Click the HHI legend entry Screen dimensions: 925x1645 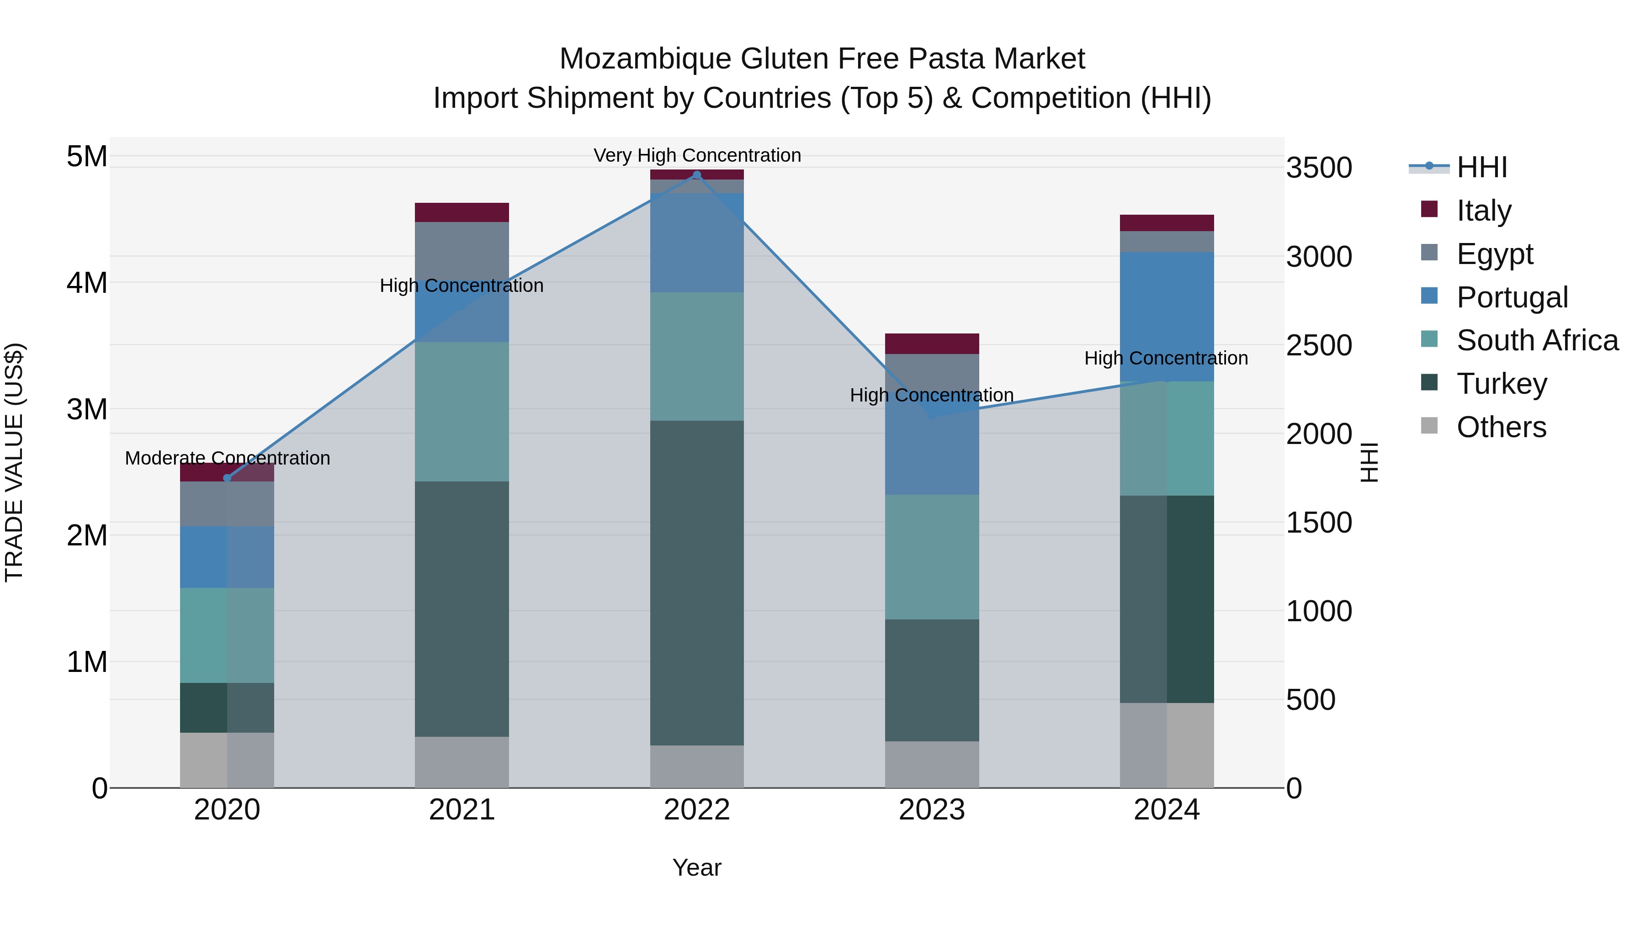pyautogui.click(x=1481, y=167)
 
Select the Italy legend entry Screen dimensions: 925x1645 pyautogui.click(x=1483, y=211)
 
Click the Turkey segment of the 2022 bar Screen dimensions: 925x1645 pyautogui.click(x=697, y=582)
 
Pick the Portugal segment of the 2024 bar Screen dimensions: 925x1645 pyautogui.click(x=1167, y=317)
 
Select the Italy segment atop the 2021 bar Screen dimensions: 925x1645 pyautogui.click(x=462, y=212)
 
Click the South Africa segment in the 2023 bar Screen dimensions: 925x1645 pyautogui.click(x=932, y=557)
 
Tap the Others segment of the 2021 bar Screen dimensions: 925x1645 pyautogui.click(x=462, y=762)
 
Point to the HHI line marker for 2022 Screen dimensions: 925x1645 pyautogui.click(x=697, y=175)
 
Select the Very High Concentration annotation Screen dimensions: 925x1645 pyautogui.click(x=697, y=155)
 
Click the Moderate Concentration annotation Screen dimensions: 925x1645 pyautogui.click(x=228, y=458)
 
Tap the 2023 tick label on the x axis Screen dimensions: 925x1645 pyautogui.click(x=932, y=810)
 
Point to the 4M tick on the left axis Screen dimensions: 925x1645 pyautogui.click(x=87, y=282)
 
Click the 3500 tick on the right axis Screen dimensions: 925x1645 pyautogui.click(x=1319, y=168)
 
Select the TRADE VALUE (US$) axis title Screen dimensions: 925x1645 pyautogui.click(x=14, y=462)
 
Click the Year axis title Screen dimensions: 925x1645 pyautogui.click(x=697, y=867)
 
